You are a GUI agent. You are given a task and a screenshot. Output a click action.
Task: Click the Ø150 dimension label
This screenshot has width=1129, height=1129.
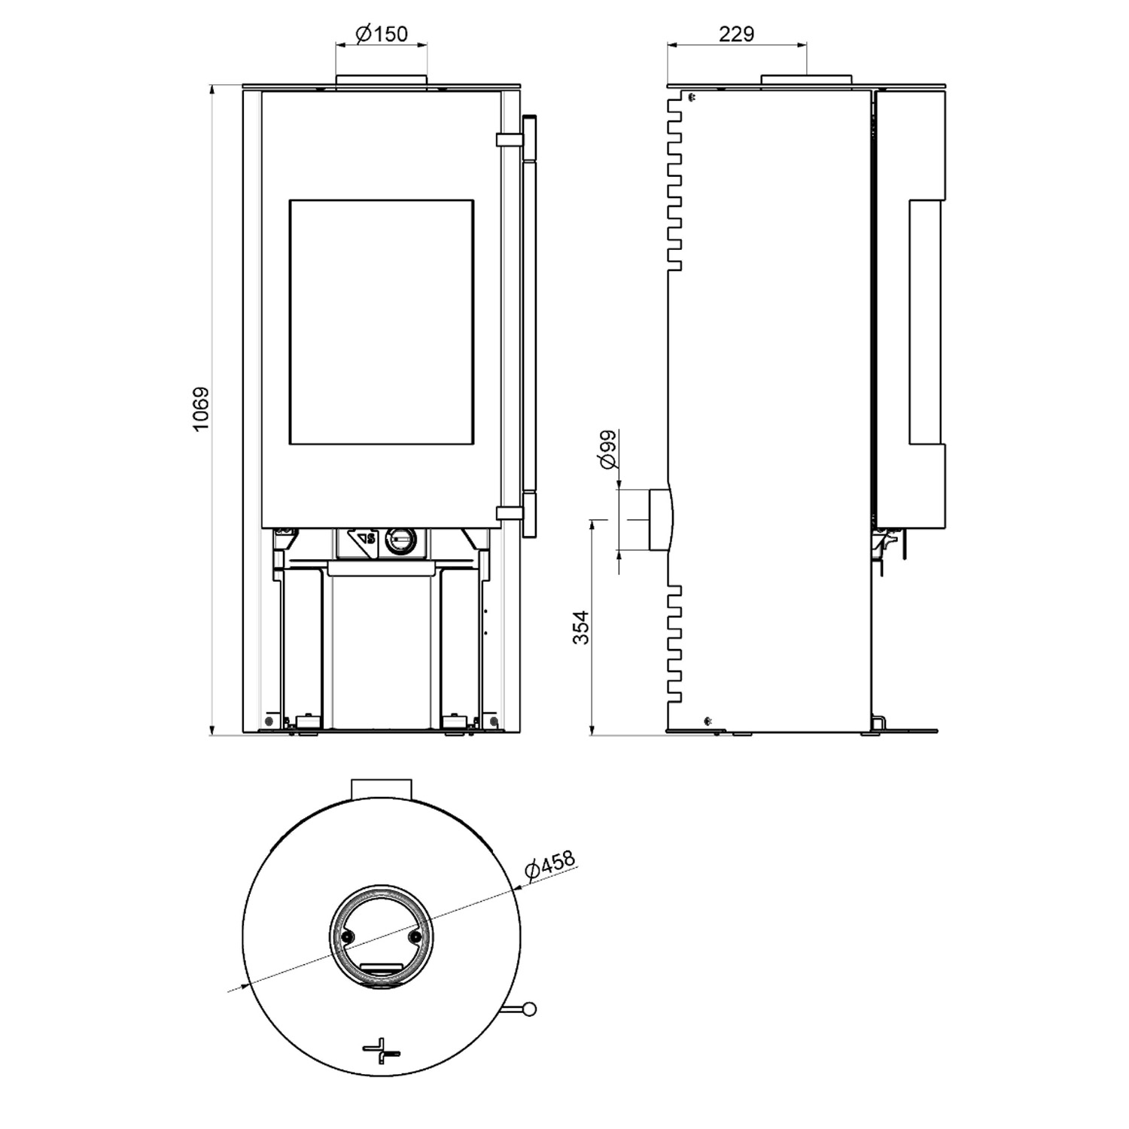pyautogui.click(x=381, y=34)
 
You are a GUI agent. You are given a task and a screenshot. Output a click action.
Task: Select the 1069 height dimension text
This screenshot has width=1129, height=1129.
pyautogui.click(x=199, y=409)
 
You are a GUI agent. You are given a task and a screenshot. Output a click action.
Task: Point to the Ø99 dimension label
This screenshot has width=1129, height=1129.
pyautogui.click(x=607, y=449)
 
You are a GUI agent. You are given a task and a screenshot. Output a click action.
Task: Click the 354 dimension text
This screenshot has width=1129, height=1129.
pyautogui.click(x=581, y=626)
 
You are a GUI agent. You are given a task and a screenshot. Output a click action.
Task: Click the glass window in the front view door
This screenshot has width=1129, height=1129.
pyautogui.click(x=382, y=322)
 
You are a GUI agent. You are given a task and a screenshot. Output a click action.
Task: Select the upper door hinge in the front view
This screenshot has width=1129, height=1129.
pyautogui.click(x=508, y=140)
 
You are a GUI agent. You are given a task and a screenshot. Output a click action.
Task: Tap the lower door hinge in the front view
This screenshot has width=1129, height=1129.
pyautogui.click(x=508, y=513)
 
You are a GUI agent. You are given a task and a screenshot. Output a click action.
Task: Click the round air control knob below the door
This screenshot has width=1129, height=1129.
pyautogui.click(x=400, y=539)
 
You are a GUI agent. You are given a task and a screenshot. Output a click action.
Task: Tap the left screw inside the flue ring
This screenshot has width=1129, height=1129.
pyautogui.click(x=347, y=936)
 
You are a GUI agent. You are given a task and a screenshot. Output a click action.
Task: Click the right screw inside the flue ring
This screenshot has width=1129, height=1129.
pyautogui.click(x=415, y=936)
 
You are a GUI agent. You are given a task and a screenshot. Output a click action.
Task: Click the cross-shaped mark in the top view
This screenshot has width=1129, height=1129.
pyautogui.click(x=382, y=1050)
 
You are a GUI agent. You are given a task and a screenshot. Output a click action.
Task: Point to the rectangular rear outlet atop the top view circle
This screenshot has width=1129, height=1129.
pyautogui.click(x=382, y=790)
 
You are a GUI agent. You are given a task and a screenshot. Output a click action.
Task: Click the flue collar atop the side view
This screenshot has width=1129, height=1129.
pyautogui.click(x=807, y=80)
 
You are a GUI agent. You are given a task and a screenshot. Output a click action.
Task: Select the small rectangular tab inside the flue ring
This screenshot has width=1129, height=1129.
pyautogui.click(x=382, y=968)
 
